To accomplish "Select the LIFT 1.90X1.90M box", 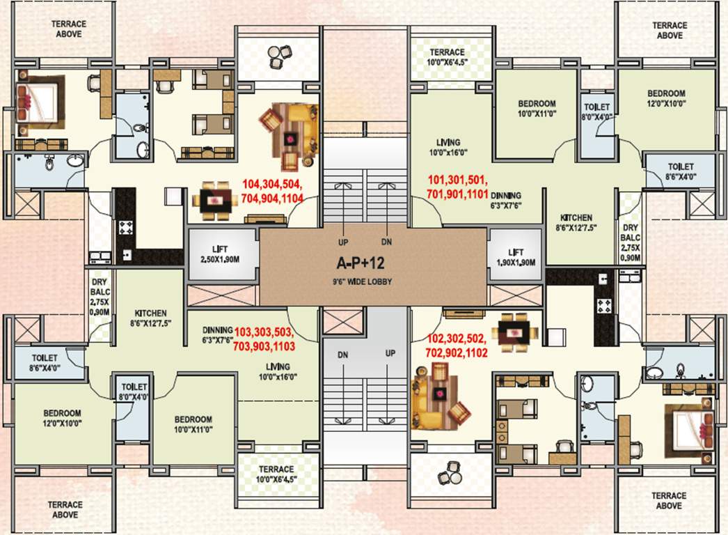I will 516,256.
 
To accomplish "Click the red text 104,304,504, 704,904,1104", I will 271,190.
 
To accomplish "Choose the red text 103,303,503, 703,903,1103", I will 264,339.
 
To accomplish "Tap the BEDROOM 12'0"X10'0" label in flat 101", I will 666,98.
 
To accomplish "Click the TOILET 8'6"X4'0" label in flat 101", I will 680,172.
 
